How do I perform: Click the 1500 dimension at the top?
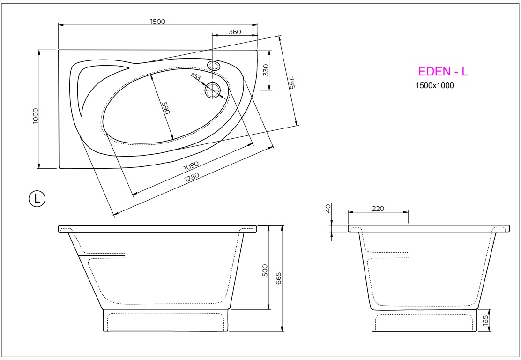pos(158,21)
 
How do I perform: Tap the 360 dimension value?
pos(235,32)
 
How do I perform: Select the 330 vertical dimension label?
pos(266,70)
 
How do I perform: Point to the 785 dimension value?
pos(291,82)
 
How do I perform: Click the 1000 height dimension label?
pos(36,116)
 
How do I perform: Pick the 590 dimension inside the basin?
pos(164,108)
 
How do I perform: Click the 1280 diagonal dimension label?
pos(192,176)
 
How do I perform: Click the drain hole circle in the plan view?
pos(213,90)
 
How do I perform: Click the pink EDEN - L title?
pos(443,72)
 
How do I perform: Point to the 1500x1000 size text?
pos(434,86)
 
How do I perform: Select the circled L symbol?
pos(37,199)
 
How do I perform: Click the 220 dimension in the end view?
pos(378,209)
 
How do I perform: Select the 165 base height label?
pos(485,321)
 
